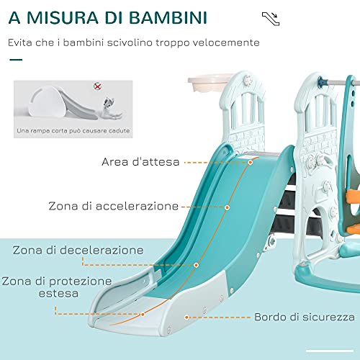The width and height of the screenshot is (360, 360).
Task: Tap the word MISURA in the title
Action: [x=62, y=17]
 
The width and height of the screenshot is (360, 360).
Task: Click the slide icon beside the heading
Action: [x=271, y=19]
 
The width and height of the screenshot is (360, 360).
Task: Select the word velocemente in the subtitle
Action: [x=226, y=42]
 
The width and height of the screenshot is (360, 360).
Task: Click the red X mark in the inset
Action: [x=97, y=86]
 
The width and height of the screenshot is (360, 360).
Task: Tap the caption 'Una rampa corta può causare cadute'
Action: [x=73, y=131]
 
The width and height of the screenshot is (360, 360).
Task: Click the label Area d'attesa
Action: [x=140, y=162]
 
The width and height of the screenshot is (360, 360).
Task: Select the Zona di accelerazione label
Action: [x=113, y=206]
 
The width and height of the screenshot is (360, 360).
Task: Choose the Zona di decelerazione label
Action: [x=78, y=250]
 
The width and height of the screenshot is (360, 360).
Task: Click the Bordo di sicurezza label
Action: [x=305, y=317]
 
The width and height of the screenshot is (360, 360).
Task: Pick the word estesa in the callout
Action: [x=58, y=293]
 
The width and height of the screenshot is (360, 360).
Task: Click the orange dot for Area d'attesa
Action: [x=251, y=163]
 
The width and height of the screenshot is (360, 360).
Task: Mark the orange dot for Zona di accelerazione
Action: [x=227, y=207]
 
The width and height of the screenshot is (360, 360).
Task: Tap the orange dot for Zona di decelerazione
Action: [x=196, y=265]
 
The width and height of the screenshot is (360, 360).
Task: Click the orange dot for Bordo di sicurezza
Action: [x=186, y=318]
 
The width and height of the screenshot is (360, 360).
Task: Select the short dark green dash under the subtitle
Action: [x=16, y=60]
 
